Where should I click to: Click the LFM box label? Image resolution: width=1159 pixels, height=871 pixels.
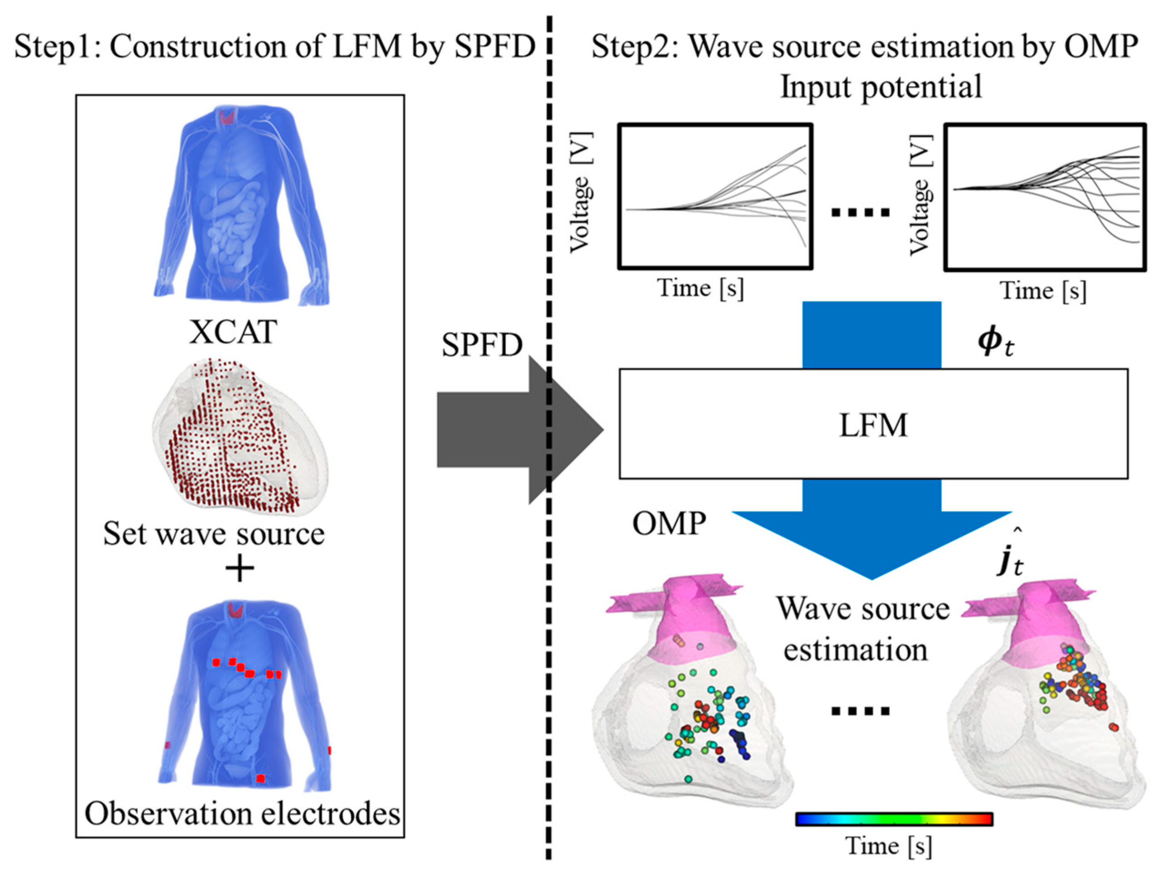[x=873, y=425]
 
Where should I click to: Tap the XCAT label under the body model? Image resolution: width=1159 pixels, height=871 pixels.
[x=233, y=332]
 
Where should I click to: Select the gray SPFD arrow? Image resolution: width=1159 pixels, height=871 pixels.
[x=503, y=429]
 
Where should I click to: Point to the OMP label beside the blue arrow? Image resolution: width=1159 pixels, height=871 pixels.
[x=669, y=523]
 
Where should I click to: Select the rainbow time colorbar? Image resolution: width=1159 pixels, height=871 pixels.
[x=894, y=819]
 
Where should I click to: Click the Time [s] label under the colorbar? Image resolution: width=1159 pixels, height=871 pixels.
[x=889, y=846]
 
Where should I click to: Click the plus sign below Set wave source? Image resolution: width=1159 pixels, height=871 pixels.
[x=240, y=569]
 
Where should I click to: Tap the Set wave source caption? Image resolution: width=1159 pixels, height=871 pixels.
[x=214, y=534]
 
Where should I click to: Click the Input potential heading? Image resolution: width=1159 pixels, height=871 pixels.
[x=881, y=86]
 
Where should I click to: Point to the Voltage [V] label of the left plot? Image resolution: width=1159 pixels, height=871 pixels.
[x=580, y=193]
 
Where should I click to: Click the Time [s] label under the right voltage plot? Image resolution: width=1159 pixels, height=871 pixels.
[x=1043, y=291]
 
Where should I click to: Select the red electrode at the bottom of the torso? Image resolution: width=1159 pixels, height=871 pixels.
[x=260, y=779]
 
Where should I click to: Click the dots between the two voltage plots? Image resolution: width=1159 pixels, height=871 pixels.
[x=860, y=213]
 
